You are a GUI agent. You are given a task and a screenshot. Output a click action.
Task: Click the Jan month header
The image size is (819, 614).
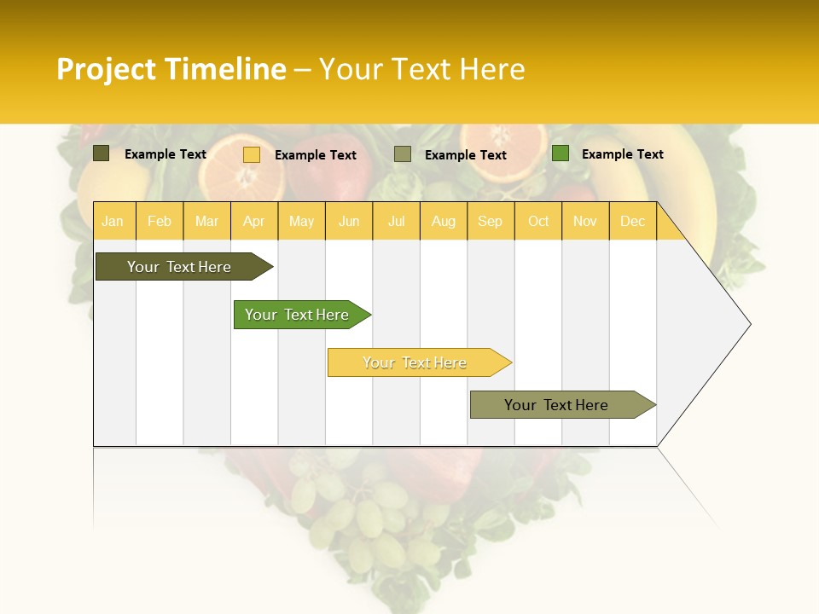click(113, 221)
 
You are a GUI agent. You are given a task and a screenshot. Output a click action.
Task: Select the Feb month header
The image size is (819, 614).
click(160, 221)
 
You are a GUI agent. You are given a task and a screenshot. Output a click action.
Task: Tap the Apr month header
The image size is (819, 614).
click(254, 221)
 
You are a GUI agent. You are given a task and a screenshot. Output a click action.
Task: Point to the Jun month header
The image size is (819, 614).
click(349, 221)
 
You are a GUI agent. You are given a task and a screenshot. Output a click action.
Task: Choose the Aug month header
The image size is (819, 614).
click(444, 221)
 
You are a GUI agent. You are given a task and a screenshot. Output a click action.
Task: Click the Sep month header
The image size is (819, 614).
click(491, 221)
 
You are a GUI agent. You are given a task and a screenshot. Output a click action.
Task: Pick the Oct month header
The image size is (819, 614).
click(538, 221)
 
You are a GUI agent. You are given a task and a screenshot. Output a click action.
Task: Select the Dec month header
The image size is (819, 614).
click(633, 221)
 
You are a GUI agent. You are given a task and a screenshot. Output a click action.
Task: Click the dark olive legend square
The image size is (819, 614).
click(101, 153)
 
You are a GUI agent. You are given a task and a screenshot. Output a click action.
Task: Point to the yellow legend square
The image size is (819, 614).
click(252, 154)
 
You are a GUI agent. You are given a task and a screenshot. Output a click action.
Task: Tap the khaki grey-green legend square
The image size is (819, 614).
click(403, 154)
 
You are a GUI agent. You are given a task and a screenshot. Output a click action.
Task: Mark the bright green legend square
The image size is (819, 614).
click(561, 153)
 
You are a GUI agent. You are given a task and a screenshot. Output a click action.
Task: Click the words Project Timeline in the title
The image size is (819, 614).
click(171, 69)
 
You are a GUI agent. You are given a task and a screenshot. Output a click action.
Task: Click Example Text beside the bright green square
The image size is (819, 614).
click(623, 154)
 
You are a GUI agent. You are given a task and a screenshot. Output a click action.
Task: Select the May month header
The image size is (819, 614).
click(301, 221)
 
